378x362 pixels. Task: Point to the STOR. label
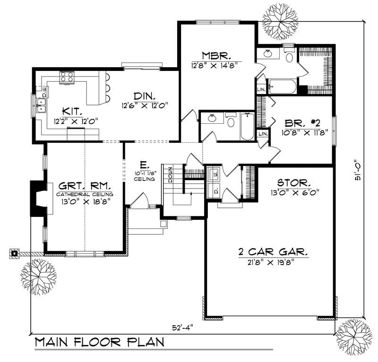(293, 182)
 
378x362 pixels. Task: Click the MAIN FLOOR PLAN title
(100, 342)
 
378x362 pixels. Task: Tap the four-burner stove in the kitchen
(67, 78)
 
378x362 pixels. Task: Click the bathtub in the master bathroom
(282, 87)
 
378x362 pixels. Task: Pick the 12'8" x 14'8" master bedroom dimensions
(214, 65)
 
